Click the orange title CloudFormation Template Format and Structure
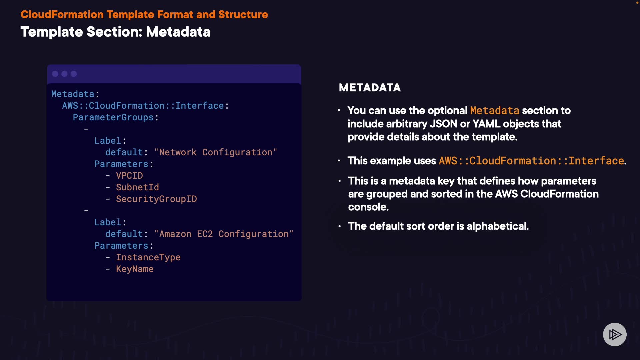(x=144, y=15)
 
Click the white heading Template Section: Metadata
(x=115, y=32)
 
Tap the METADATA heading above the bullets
(x=370, y=88)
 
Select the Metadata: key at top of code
(x=75, y=94)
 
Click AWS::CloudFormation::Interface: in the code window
(x=145, y=106)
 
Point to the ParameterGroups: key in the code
(x=115, y=117)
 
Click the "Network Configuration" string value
(x=215, y=152)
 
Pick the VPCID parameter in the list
(x=129, y=176)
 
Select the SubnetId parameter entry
(x=137, y=187)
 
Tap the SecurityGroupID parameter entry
(x=156, y=199)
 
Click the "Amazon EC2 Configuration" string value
(x=223, y=234)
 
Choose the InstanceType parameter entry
(x=148, y=257)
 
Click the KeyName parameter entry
(x=135, y=269)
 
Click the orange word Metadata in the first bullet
(x=494, y=111)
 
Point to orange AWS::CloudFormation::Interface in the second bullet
(x=531, y=161)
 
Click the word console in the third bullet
(x=368, y=207)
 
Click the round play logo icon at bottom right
(x=615, y=334)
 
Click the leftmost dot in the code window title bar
(x=55, y=74)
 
